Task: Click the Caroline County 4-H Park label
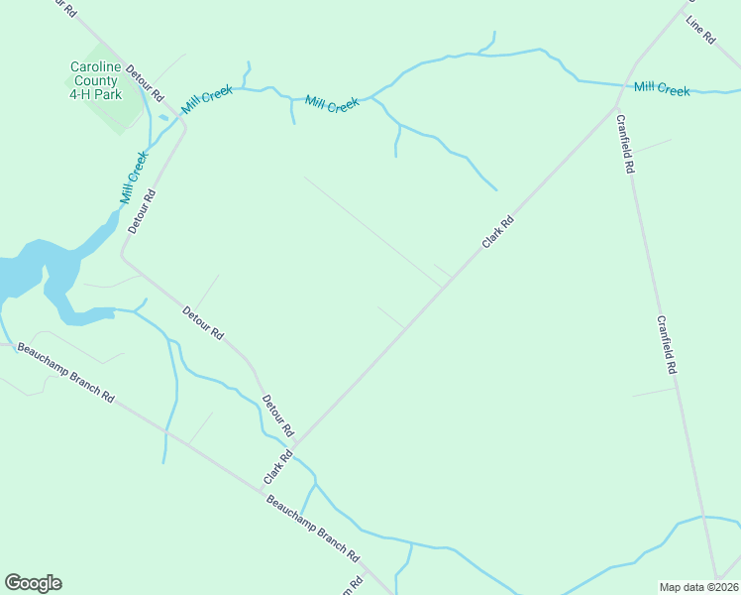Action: click(x=95, y=80)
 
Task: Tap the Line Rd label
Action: click(x=700, y=30)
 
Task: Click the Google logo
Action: click(x=33, y=583)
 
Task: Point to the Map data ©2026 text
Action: click(x=699, y=586)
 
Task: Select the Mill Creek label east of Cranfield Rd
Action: click(x=662, y=89)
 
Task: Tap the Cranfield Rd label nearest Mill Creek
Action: click(x=624, y=145)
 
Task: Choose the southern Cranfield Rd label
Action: click(x=666, y=344)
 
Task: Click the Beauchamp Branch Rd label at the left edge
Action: click(x=65, y=372)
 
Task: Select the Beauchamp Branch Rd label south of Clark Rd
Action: click(x=312, y=531)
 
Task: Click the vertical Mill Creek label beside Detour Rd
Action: click(x=134, y=178)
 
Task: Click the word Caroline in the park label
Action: click(x=95, y=67)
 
